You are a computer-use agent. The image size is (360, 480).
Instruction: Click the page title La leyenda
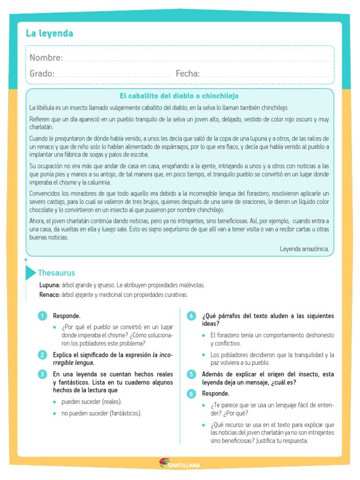click(49, 34)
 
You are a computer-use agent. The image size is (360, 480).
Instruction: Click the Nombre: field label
click(46, 58)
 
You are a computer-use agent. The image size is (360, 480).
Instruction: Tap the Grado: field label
click(42, 74)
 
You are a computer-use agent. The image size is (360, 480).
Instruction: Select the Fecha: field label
click(187, 74)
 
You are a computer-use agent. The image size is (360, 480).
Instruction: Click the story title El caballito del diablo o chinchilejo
click(179, 96)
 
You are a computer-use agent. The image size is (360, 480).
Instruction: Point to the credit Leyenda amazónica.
click(304, 249)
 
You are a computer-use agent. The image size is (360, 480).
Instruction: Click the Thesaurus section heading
click(56, 273)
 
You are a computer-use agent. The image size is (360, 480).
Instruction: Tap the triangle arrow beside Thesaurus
click(30, 273)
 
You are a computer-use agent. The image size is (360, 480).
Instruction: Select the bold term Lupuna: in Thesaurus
click(50, 285)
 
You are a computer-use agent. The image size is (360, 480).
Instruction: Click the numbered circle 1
click(43, 316)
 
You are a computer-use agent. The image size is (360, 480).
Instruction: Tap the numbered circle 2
click(43, 354)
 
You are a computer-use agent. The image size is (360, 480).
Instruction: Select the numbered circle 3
click(43, 374)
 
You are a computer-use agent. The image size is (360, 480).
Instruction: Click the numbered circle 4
click(191, 316)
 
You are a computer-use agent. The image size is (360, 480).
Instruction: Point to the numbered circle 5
click(191, 374)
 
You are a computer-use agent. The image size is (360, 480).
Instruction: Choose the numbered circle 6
click(191, 394)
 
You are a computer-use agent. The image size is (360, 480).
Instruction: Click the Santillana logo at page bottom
click(180, 451)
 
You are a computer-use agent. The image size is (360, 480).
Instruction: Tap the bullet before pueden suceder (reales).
click(55, 402)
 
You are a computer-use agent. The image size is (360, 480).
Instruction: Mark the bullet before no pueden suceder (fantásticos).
click(55, 413)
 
